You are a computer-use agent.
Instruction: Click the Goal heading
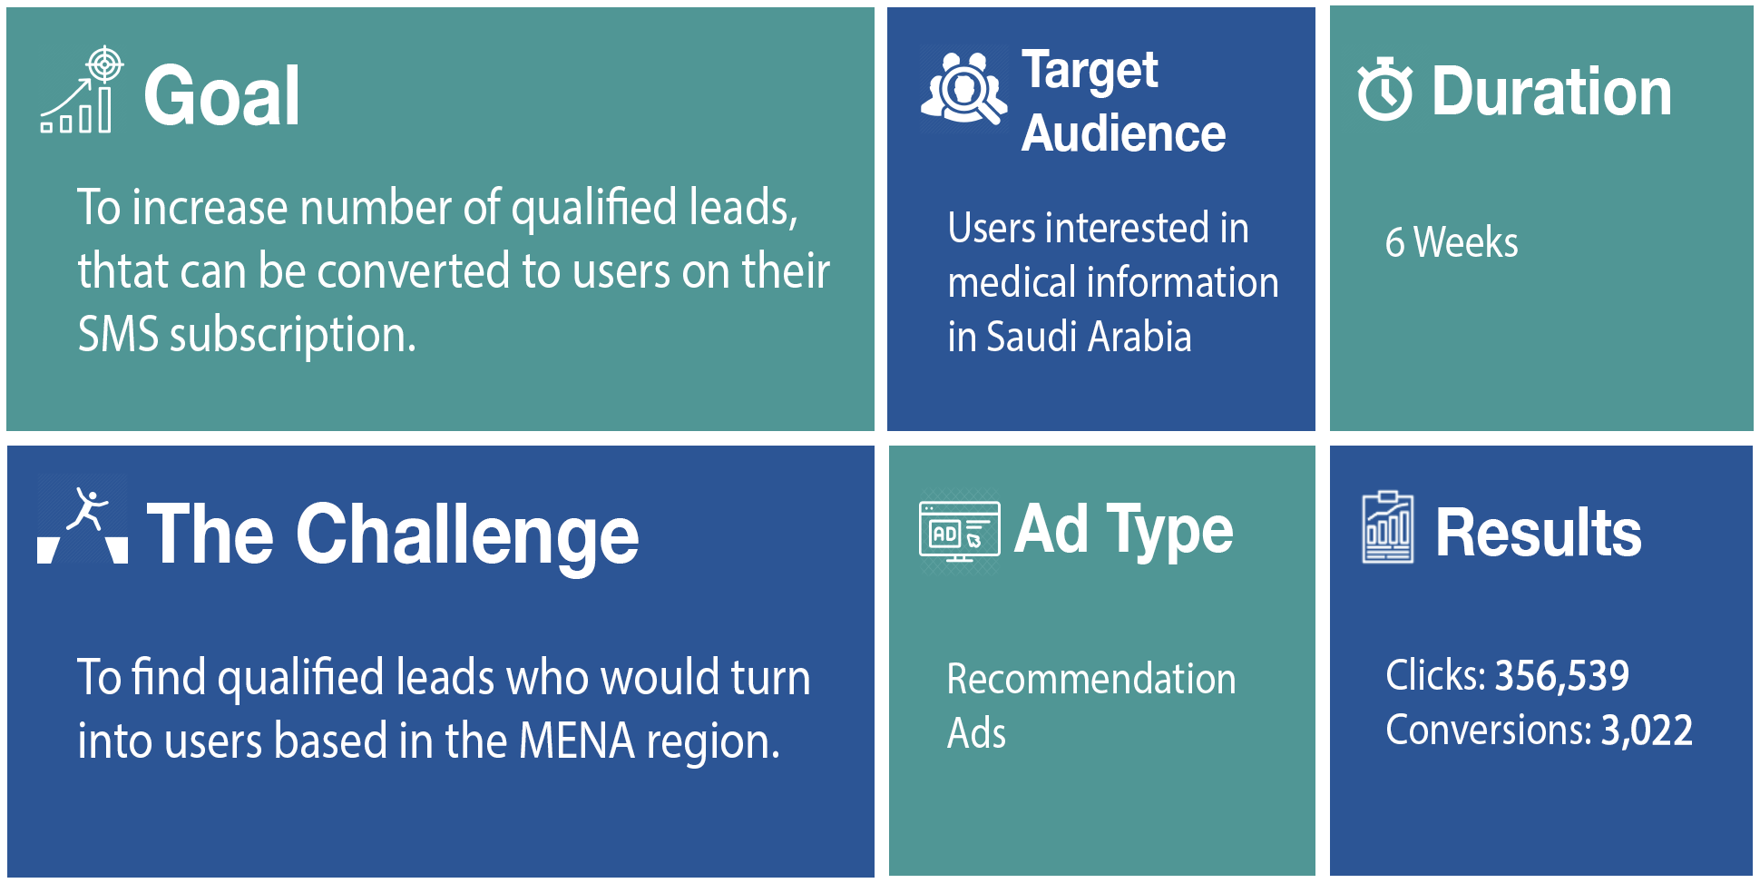tap(221, 96)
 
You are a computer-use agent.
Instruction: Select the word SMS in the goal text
tap(118, 334)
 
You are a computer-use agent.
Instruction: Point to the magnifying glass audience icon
tap(963, 87)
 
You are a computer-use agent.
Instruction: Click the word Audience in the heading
tap(1123, 133)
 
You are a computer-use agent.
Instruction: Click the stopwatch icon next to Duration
tap(1384, 89)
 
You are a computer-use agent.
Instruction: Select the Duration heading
tap(1551, 92)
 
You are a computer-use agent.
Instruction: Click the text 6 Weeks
tap(1452, 242)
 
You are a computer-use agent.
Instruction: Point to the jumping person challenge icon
tap(83, 525)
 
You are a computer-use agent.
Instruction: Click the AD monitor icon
tap(960, 531)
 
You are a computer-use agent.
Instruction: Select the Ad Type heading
tap(1124, 530)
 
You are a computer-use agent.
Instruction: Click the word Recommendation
tap(1091, 679)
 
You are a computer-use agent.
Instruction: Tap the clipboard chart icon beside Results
tap(1388, 527)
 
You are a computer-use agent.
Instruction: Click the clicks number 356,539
tap(1561, 675)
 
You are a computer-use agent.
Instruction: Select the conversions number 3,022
tap(1647, 731)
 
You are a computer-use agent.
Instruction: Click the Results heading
tap(1539, 533)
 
